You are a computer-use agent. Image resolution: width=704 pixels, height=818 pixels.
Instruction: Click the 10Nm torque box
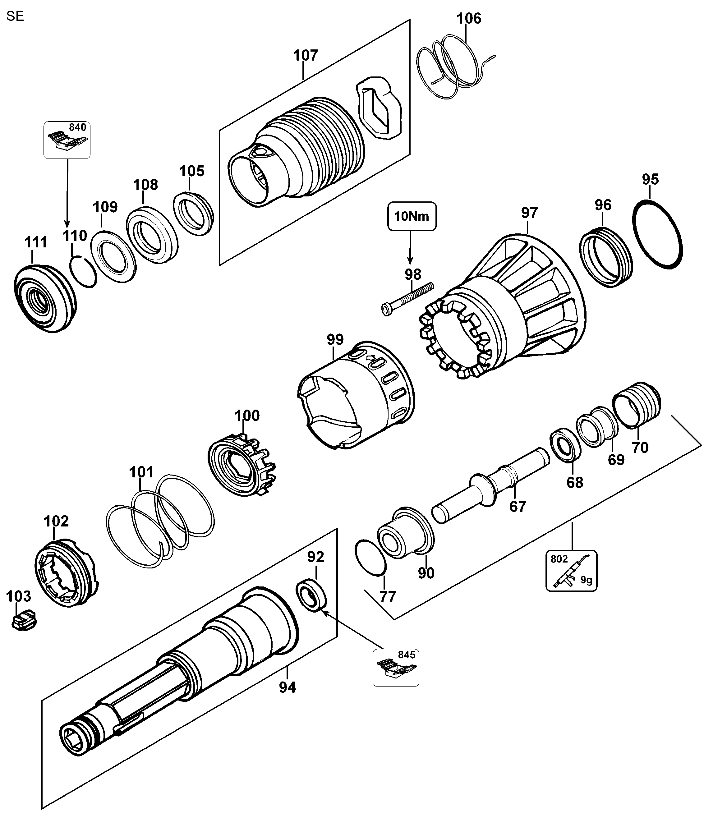pyautogui.click(x=412, y=216)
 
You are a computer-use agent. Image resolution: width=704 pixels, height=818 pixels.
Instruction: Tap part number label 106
pyautogui.click(x=469, y=18)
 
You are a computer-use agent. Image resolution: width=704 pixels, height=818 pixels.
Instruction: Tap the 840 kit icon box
pyautogui.click(x=67, y=140)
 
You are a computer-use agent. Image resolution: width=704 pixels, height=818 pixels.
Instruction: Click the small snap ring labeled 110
pyautogui.click(x=83, y=271)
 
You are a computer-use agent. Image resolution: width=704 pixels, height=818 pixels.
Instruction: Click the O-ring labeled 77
pyautogui.click(x=370, y=558)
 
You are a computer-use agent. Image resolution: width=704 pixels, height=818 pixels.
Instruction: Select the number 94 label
pyautogui.click(x=287, y=687)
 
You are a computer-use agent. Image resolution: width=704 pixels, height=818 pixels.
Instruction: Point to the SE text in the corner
pyautogui.click(x=15, y=16)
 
